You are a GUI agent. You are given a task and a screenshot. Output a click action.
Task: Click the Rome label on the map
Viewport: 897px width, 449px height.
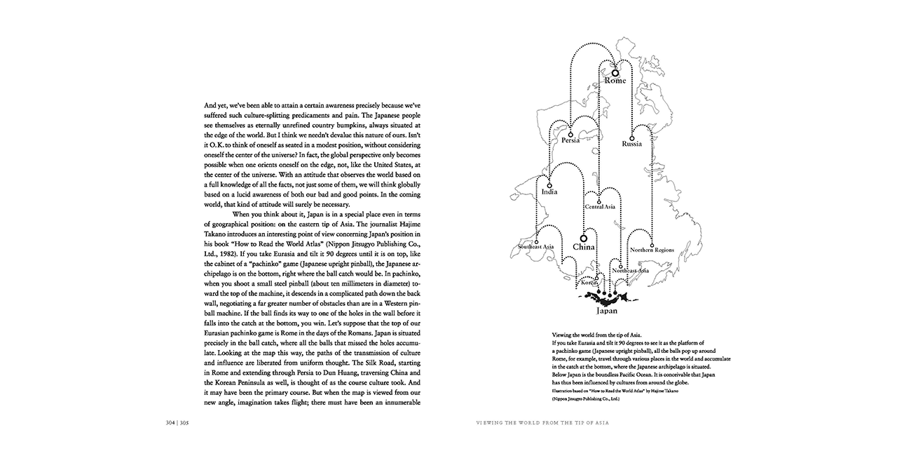615,81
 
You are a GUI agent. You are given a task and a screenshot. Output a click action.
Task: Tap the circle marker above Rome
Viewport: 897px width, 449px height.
615,72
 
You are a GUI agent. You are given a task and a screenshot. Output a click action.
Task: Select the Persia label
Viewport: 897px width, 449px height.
570,140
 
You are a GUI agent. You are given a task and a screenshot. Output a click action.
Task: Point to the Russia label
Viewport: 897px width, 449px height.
631,144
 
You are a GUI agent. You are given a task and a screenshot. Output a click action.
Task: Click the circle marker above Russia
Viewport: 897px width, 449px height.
631,136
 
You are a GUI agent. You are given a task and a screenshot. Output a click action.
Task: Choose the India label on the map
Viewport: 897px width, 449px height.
549,192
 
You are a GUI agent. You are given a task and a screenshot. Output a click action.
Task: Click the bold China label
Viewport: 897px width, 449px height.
583,247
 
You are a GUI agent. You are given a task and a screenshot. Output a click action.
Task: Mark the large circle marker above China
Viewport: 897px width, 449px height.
583,238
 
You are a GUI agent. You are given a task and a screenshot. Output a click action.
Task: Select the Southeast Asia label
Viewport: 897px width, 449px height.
536,247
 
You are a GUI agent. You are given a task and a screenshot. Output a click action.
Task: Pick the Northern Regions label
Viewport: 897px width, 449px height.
652,250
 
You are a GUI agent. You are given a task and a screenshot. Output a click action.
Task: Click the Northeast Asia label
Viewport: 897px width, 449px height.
630,270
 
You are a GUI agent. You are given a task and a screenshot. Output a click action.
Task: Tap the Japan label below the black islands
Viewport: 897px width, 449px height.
607,310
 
